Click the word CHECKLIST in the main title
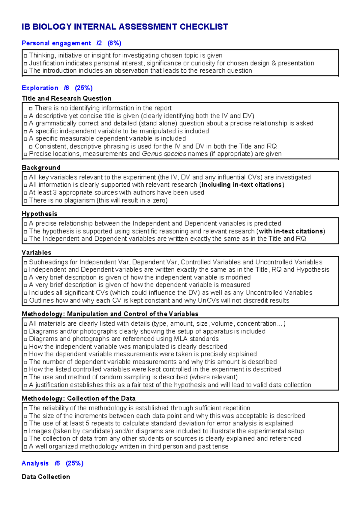pos(204,27)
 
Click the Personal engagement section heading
pos(56,43)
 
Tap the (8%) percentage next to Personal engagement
pos(114,43)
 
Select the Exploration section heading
pos(40,88)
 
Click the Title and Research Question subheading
pos(67,98)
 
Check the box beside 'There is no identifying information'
pos(31,108)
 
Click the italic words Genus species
pos(164,154)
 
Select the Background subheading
pos(41,167)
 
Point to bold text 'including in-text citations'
pos(241,185)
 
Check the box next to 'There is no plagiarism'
pos(25,201)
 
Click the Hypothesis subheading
pos(39,214)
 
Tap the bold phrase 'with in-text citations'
pos(291,231)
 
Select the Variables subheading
pos(36,252)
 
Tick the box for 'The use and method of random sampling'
pos(25,378)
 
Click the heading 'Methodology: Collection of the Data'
pos(78,398)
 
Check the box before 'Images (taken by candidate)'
pos(25,432)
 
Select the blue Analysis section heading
pos(35,463)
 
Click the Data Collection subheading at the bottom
pos(46,477)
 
